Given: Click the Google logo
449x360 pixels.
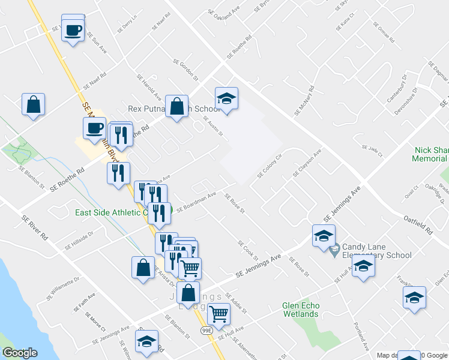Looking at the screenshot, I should [20, 353].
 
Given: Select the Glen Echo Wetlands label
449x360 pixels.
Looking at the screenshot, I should [301, 310].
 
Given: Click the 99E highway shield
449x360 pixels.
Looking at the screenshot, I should [206, 331].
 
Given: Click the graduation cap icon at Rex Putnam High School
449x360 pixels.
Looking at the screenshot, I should [227, 99].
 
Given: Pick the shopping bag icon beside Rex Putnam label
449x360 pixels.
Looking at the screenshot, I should [177, 108].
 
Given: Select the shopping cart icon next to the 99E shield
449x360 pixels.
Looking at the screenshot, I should [218, 314].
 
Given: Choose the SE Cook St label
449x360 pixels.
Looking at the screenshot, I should [247, 250].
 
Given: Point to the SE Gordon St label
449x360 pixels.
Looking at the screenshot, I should [185, 70].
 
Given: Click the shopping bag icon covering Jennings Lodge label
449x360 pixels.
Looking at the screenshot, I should [188, 293].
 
